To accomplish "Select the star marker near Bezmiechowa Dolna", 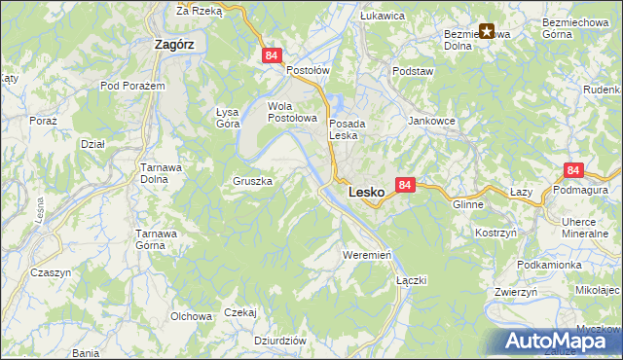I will pyautogui.click(x=487, y=31).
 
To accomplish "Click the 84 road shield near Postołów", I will pyautogui.click(x=272, y=57).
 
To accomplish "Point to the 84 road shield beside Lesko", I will pyautogui.click(x=406, y=184).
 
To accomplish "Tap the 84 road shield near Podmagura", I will pyautogui.click(x=572, y=170).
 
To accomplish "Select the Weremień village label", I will pyautogui.click(x=367, y=254).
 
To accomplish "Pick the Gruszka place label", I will pyautogui.click(x=252, y=181).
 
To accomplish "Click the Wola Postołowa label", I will pyautogui.click(x=293, y=112).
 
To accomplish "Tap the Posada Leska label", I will pyautogui.click(x=347, y=129).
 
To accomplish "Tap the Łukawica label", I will pyautogui.click(x=382, y=16).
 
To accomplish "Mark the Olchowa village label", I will pyautogui.click(x=192, y=316).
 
